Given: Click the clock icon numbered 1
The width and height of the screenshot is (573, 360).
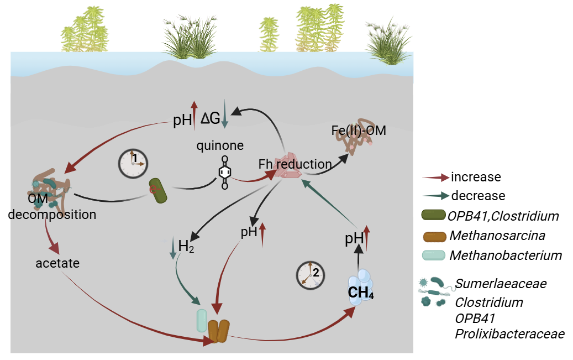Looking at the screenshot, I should pos(134,163).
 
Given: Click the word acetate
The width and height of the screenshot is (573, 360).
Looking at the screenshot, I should pos(57,264).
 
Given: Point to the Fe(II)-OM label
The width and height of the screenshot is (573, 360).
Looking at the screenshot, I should pos(358,131).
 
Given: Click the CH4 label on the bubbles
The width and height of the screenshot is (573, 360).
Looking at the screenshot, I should pos(361,292).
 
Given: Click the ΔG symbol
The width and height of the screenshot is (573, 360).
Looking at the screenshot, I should pos(211,118).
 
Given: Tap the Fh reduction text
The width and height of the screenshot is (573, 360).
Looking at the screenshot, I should pos(295,164).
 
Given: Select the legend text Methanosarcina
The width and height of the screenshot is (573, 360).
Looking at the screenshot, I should pos(497,236).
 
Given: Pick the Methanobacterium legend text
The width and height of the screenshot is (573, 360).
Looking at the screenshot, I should pos(506,255).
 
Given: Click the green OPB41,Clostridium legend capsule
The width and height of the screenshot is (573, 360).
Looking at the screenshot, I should pos(433,215).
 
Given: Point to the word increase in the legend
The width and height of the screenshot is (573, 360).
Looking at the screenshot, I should pos(476,178).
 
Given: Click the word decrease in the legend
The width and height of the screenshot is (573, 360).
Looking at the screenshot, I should pos(478,195).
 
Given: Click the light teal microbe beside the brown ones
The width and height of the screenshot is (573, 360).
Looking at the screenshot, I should pos(202,321).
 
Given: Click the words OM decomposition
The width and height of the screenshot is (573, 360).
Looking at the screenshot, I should pos(52,207).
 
